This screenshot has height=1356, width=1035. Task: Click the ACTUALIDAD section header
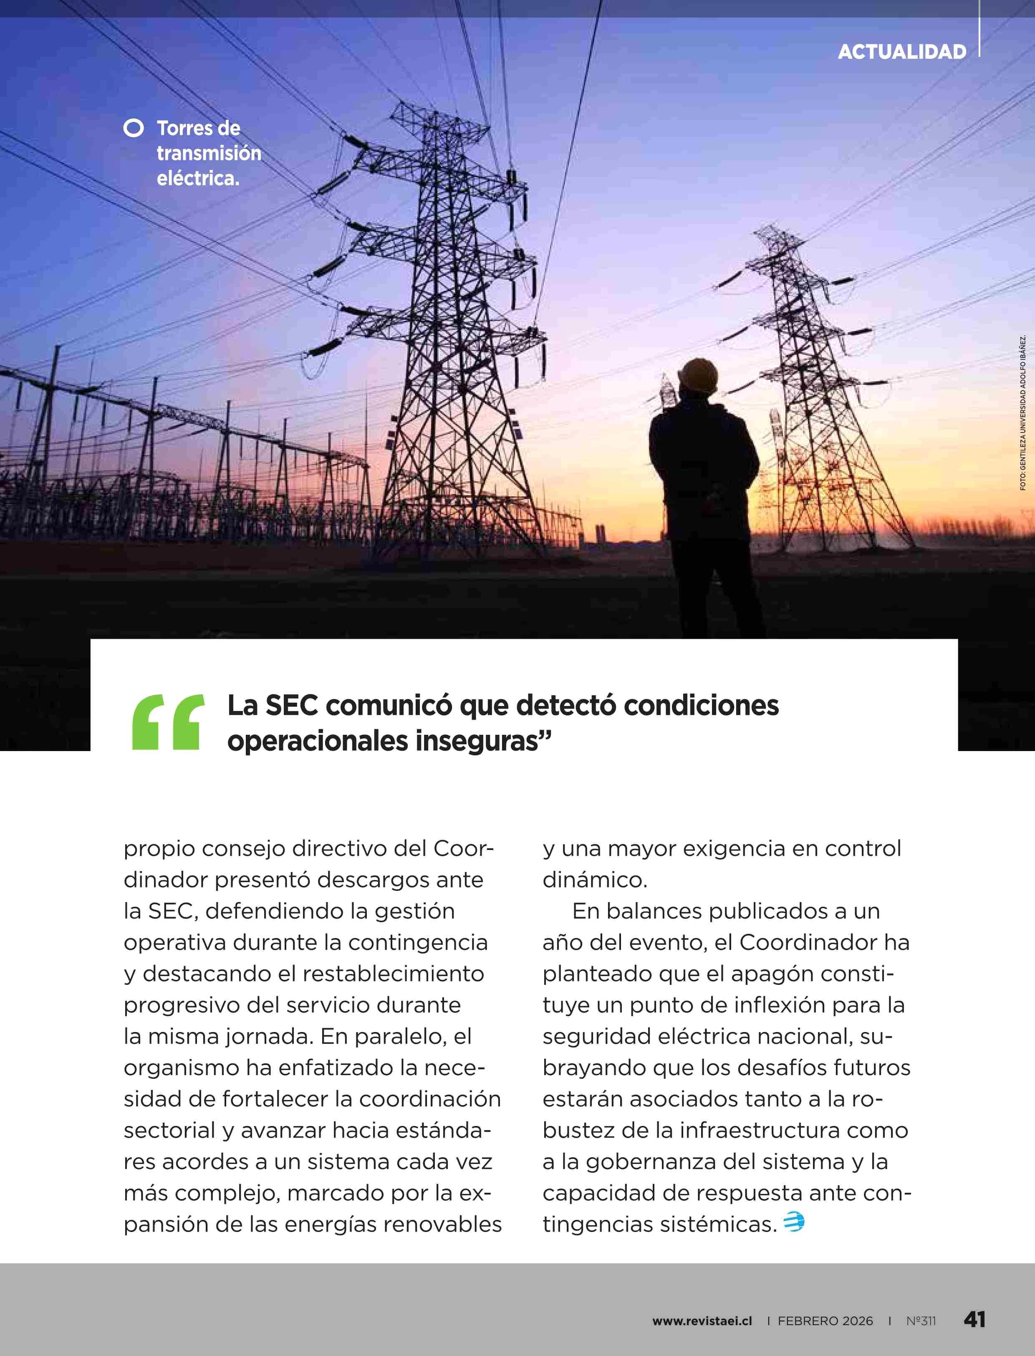click(x=901, y=52)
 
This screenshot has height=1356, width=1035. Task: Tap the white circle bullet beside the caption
click(x=133, y=128)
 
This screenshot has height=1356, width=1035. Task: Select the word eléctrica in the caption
click(x=197, y=178)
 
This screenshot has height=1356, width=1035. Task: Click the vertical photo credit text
click(x=1022, y=412)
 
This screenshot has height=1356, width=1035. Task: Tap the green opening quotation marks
click(x=168, y=722)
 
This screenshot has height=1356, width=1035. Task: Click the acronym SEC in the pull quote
click(x=291, y=705)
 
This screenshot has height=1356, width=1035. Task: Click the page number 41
click(x=974, y=1320)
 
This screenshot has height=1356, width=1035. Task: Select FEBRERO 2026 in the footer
click(x=825, y=1321)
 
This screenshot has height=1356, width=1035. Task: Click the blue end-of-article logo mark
click(x=793, y=1221)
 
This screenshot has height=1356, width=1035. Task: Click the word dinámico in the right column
click(x=595, y=880)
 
